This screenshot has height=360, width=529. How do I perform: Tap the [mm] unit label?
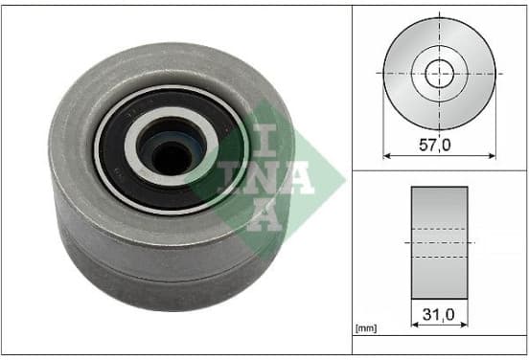tap(366, 328)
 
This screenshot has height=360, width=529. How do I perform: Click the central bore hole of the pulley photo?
tap(172, 158)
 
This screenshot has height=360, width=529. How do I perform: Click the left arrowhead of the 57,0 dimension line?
tap(386, 156)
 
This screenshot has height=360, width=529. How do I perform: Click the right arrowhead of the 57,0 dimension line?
tap(493, 156)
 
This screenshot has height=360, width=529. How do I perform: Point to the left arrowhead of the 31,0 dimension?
tap(415, 325)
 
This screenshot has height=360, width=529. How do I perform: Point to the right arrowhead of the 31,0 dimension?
tap(464, 325)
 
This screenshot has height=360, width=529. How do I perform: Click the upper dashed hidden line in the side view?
tap(439, 229)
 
